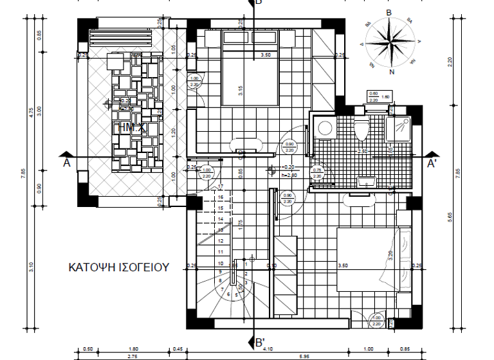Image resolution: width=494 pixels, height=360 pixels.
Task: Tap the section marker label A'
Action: coord(433,164)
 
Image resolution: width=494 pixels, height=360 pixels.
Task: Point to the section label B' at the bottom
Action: coord(259,343)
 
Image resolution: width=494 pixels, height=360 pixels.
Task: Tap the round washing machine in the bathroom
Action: coord(325,127)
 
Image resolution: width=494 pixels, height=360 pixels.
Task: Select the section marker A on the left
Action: coord(66,163)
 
